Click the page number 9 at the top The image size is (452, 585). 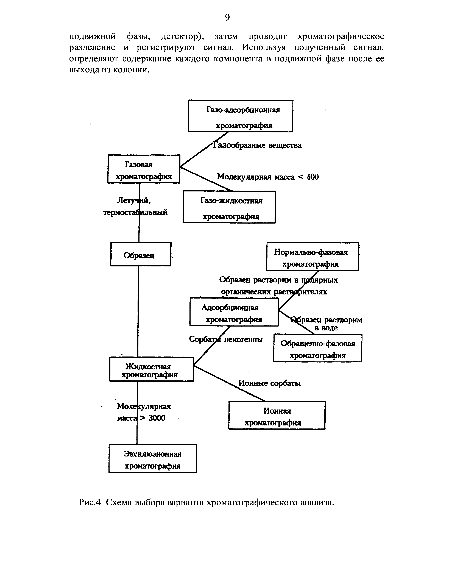pyautogui.click(x=227, y=18)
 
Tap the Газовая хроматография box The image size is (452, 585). pyautogui.click(x=144, y=169)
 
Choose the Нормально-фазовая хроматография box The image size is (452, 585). pyautogui.click(x=313, y=257)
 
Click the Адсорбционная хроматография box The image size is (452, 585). pyautogui.click(x=234, y=312)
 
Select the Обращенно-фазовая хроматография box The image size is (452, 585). pyautogui.click(x=318, y=348)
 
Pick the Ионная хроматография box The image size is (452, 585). pyautogui.click(x=277, y=415)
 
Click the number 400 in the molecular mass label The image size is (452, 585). pyautogui.click(x=313, y=177)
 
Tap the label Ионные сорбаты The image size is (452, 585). pyautogui.click(x=269, y=383)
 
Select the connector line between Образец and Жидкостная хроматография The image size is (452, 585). pyautogui.click(x=138, y=311)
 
